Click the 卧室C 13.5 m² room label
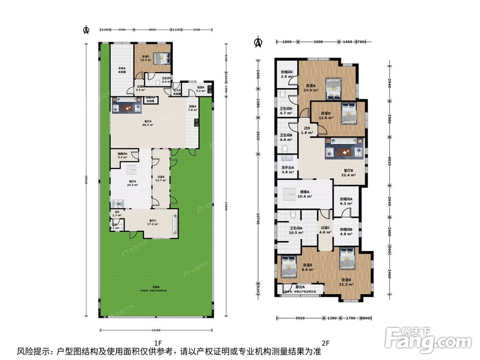pos(145,59)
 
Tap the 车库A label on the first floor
pos(122,70)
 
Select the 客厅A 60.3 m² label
pos(147,122)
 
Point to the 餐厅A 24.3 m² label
pos(132,183)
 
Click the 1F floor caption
pos(157,343)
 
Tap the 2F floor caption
pos(325,343)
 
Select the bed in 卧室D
pos(348,112)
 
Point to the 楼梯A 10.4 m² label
pos(305,194)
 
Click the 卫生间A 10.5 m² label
pos(296,230)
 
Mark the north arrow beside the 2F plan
pos(258,43)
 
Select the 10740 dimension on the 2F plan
pos(258,220)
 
